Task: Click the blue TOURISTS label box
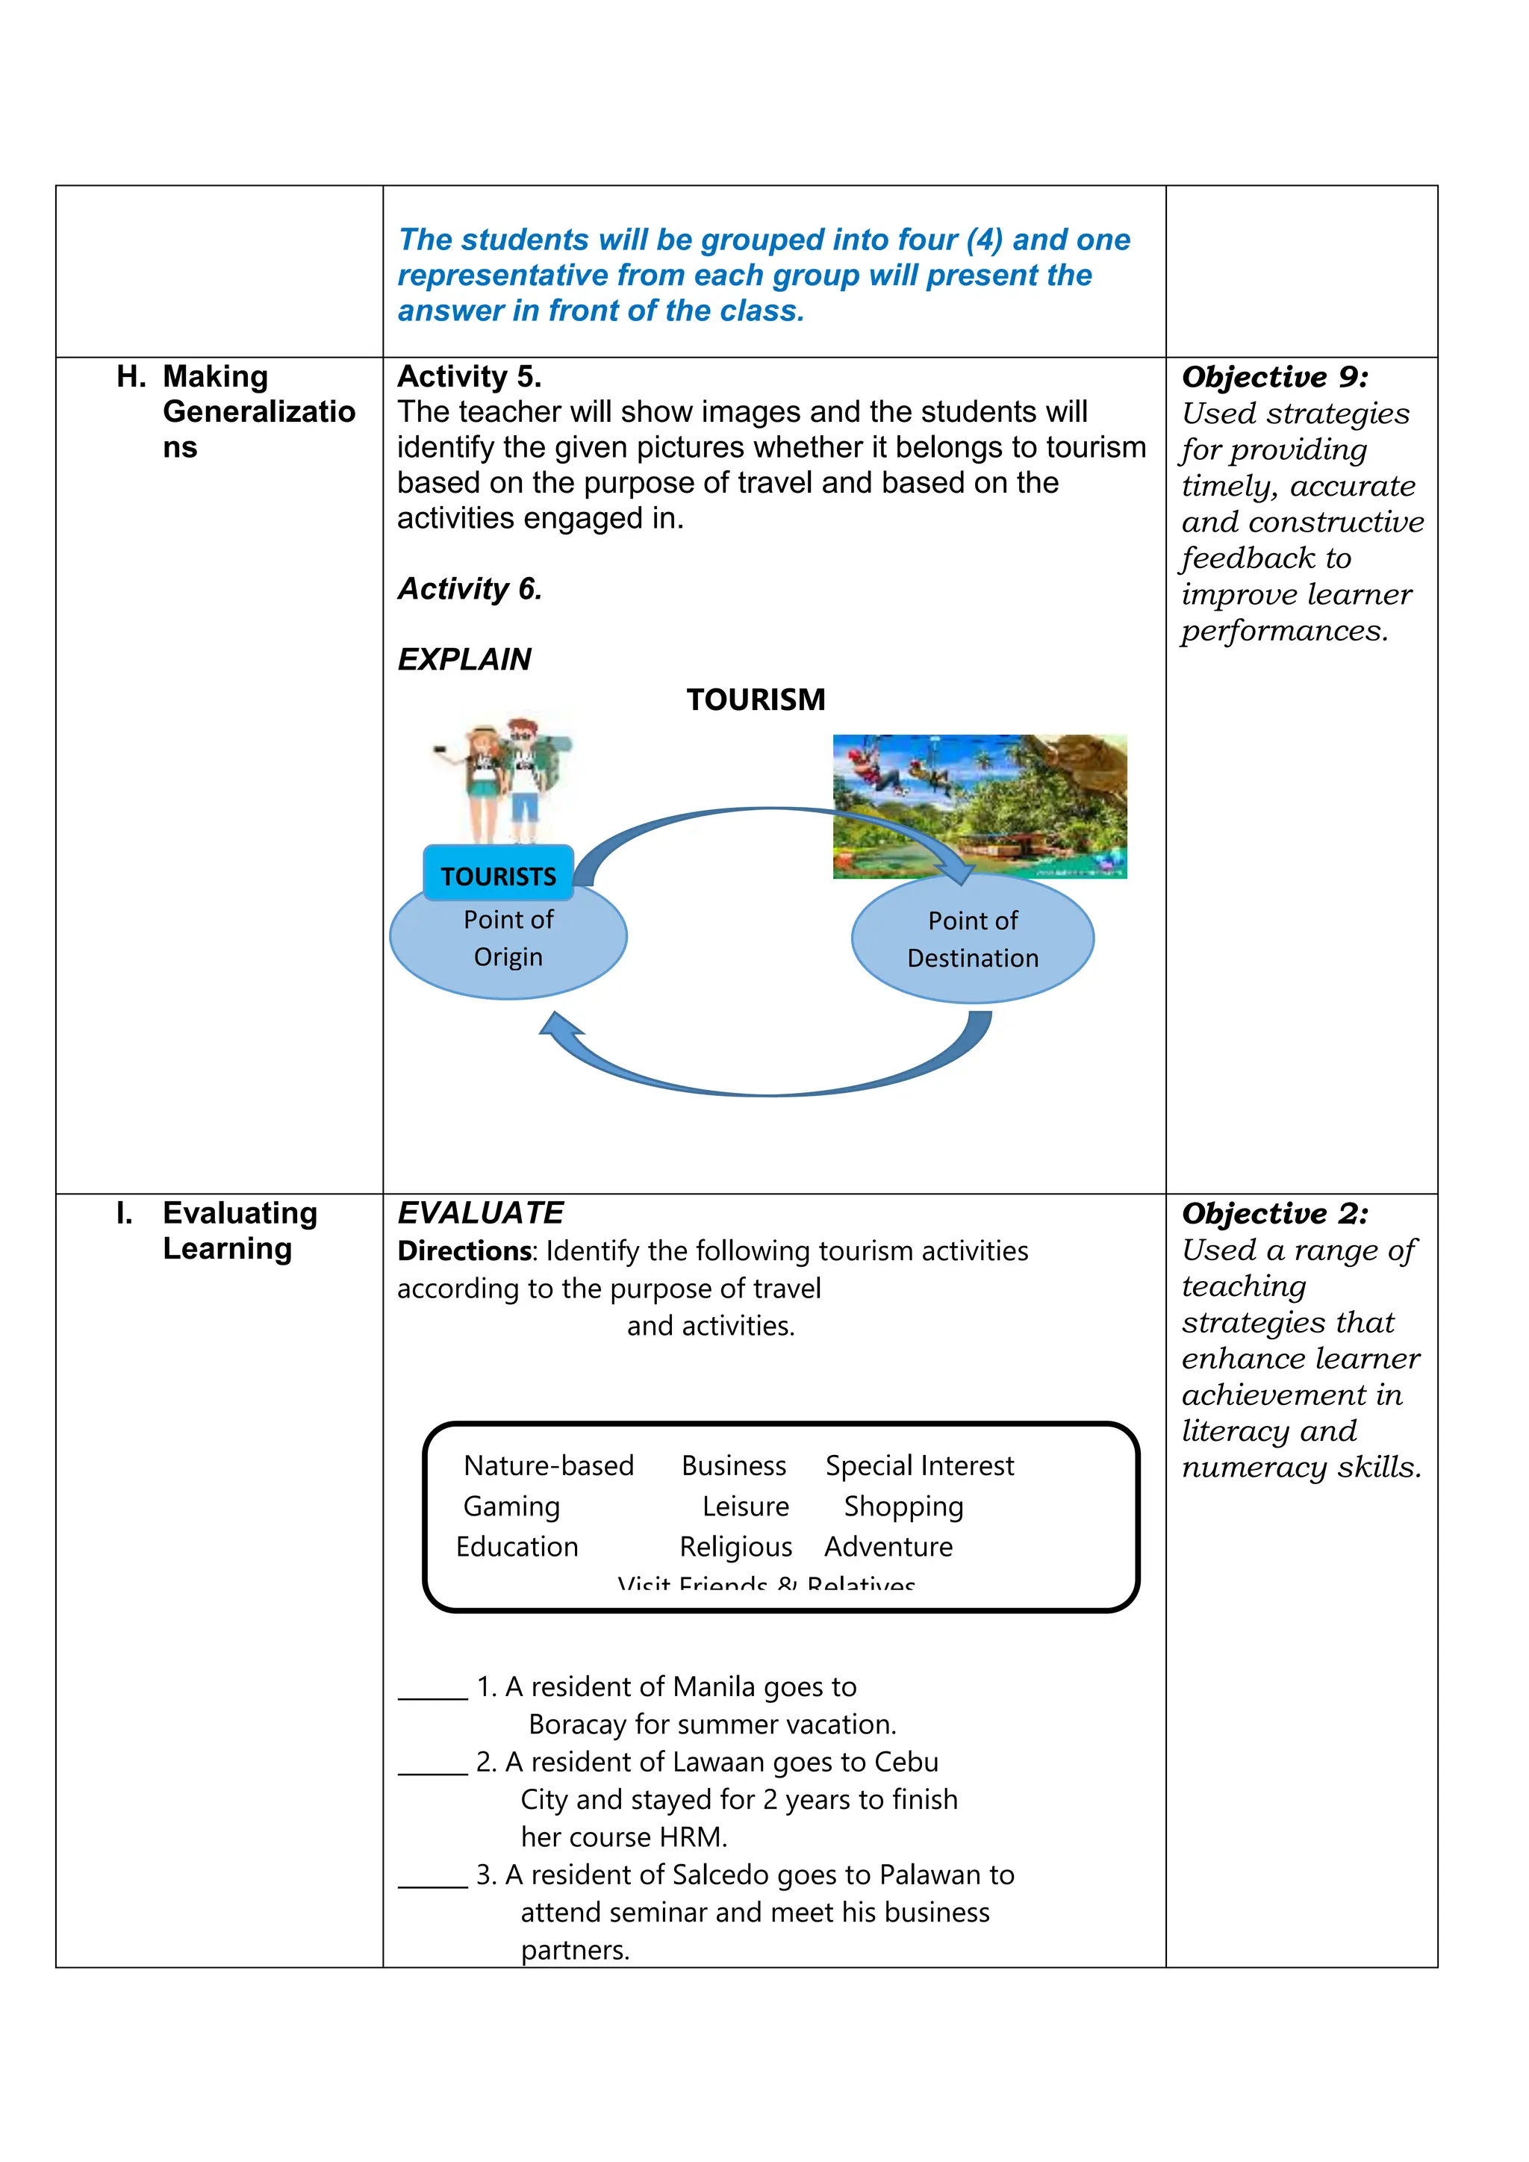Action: coord(497,875)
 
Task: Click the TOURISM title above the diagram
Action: coord(755,700)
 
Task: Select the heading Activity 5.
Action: coord(469,377)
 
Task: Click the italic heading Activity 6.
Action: coord(469,588)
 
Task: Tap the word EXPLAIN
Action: coord(464,659)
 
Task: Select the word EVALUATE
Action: coord(480,1213)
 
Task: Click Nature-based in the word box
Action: coord(548,1465)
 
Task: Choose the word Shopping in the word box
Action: coord(903,1507)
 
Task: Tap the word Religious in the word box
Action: coord(735,1546)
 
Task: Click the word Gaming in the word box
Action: coord(511,1507)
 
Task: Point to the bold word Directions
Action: coord(465,1250)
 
